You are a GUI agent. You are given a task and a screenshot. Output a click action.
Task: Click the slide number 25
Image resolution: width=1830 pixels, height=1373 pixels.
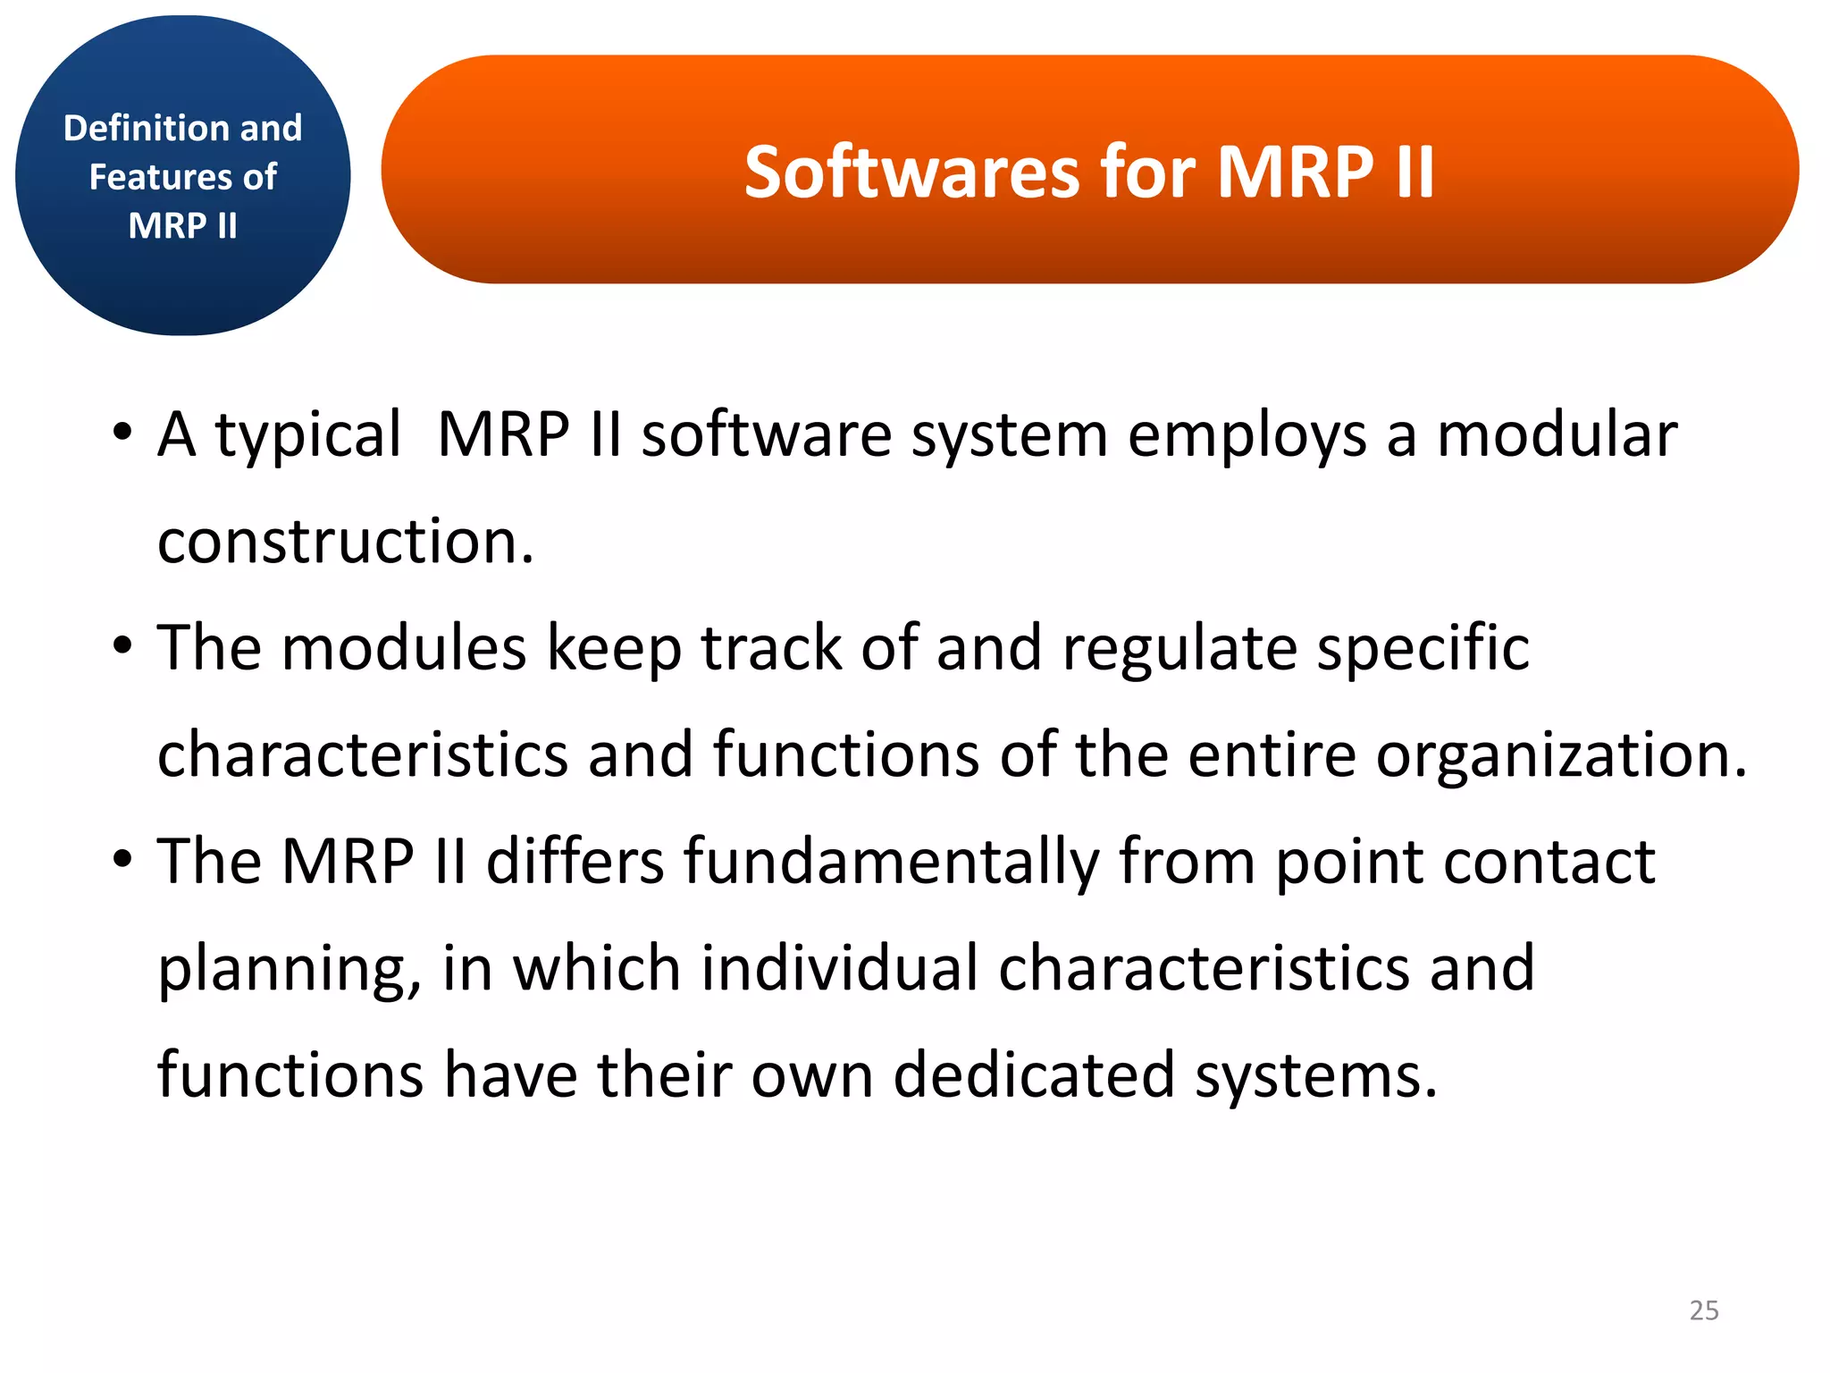pyautogui.click(x=1703, y=1310)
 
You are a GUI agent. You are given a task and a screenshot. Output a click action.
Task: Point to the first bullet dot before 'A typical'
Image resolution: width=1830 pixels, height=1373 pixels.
pyautogui.click(x=122, y=434)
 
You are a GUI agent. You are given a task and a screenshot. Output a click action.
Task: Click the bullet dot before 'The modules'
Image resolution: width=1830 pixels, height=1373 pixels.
pyautogui.click(x=122, y=646)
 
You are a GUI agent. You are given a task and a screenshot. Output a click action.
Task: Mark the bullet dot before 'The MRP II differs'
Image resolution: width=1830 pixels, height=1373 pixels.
pyautogui.click(x=122, y=860)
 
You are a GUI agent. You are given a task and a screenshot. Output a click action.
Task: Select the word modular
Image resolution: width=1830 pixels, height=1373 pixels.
pyautogui.click(x=1556, y=434)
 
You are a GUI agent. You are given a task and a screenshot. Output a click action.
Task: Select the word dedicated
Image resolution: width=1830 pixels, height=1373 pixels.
pyautogui.click(x=1033, y=1074)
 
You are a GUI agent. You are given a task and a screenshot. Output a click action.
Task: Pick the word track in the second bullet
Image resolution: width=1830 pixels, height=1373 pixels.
pyautogui.click(x=770, y=647)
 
